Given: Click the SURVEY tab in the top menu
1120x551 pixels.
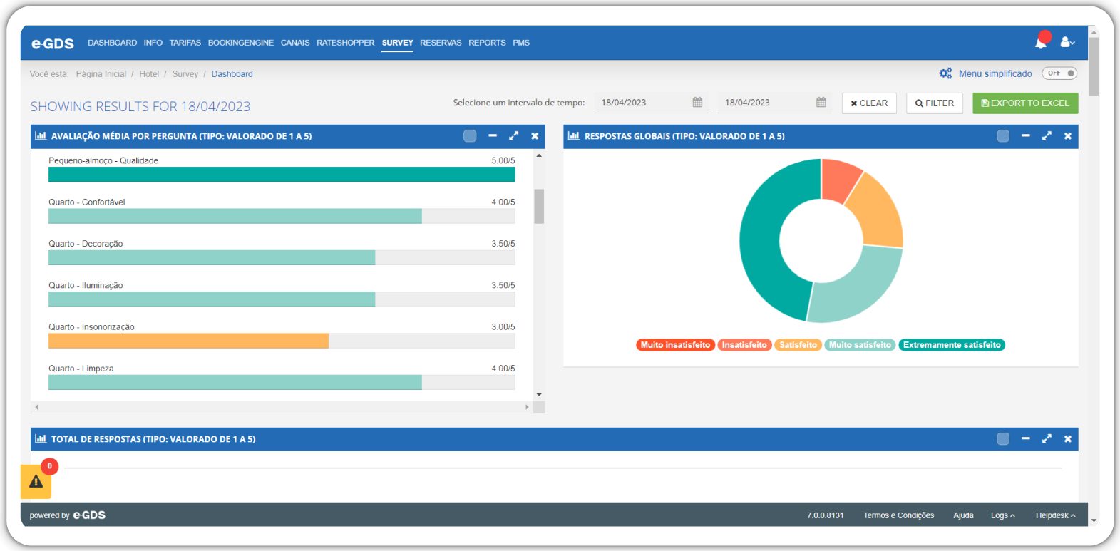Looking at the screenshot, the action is click(397, 43).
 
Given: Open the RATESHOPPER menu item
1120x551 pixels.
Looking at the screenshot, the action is click(345, 43).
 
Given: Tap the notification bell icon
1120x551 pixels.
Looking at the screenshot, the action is click(1041, 43).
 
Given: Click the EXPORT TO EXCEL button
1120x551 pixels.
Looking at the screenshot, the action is click(1025, 103).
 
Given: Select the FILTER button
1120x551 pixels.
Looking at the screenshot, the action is click(934, 103).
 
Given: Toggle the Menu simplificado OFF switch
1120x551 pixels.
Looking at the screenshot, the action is click(1059, 73).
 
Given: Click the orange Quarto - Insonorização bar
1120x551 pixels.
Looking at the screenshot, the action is click(188, 341).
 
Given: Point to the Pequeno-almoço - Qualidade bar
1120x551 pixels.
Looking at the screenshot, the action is click(282, 174).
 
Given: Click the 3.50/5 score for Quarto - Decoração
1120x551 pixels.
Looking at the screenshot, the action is click(503, 244).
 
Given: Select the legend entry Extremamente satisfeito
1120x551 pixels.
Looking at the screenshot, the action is click(952, 344).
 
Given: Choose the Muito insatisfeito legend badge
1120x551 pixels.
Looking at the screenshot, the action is click(675, 344).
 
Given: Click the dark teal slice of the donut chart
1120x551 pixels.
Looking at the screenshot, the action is click(765, 250).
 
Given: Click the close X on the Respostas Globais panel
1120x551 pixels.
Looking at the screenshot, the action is click(1067, 136).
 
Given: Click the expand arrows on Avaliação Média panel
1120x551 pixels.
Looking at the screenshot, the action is click(513, 136).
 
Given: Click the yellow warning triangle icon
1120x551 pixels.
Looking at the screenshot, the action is click(36, 481).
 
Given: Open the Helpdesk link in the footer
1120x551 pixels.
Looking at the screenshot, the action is click(1055, 515).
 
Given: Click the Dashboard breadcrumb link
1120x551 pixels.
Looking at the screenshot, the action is click(232, 74).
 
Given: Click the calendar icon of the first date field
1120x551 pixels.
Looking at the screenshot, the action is click(697, 103).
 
